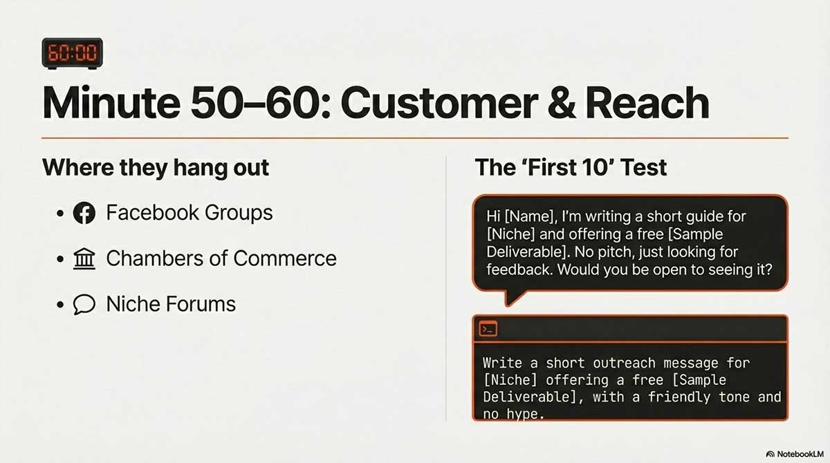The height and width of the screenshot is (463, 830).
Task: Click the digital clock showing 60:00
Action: point(72,53)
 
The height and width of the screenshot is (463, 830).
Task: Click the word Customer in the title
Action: point(439,102)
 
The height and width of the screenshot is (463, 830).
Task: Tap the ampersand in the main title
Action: point(562,102)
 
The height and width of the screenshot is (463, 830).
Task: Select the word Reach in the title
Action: point(647,102)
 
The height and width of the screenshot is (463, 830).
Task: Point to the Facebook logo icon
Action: point(84,213)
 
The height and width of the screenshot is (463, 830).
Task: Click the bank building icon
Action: point(84,258)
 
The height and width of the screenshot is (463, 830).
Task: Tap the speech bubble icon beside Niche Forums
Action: point(84,304)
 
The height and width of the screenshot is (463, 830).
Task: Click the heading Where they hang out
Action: point(156,168)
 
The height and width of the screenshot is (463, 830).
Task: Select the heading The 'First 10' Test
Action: point(571,167)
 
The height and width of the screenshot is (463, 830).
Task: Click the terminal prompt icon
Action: point(488,329)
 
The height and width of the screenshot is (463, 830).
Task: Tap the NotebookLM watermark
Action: point(795,454)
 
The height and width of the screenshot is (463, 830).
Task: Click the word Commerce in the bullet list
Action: point(285,258)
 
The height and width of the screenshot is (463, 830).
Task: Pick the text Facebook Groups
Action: point(190,213)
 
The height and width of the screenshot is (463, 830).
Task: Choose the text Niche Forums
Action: point(171,304)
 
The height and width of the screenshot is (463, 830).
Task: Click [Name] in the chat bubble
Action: point(531,216)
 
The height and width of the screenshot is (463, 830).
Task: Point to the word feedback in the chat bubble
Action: point(520,270)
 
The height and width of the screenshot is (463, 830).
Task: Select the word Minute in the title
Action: point(111,102)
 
